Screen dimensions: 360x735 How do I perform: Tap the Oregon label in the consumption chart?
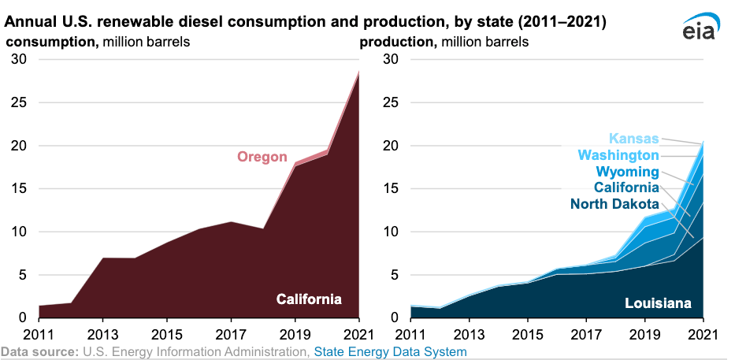tap(262, 157)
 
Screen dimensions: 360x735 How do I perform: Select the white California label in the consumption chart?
tap(309, 299)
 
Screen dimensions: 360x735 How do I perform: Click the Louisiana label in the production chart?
tap(658, 303)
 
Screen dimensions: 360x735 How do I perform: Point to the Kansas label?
tap(633, 139)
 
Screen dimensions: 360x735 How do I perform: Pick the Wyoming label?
tap(626, 172)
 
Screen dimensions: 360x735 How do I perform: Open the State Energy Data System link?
tap(391, 351)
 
